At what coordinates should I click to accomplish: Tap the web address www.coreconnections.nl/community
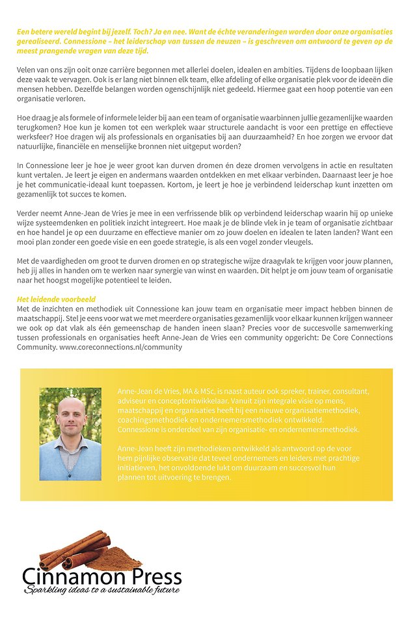121,348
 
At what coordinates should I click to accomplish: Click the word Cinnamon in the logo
72,577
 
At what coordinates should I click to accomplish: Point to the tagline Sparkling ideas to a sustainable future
101,590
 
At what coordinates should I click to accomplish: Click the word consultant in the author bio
342,391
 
